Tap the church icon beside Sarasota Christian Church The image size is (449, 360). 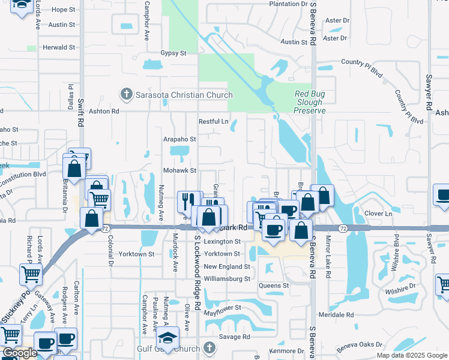point(126,94)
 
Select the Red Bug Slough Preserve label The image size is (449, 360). point(310,102)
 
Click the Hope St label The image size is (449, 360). point(63,10)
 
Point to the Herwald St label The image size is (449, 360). point(58,47)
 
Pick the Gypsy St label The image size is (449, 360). point(173,53)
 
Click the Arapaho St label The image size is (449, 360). point(180,139)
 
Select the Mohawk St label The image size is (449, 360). point(180,170)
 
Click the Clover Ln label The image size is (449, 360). point(378,214)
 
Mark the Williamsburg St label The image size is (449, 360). point(226,279)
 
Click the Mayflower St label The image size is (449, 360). point(221,308)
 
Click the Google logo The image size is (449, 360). point(20,353)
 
